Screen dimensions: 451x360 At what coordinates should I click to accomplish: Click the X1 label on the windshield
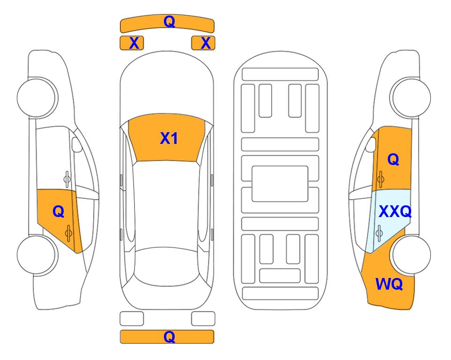(169, 138)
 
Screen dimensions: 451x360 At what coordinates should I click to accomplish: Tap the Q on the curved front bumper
(169, 22)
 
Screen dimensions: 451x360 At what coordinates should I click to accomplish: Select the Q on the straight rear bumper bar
(169, 337)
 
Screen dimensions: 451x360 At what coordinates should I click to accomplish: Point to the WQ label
(389, 284)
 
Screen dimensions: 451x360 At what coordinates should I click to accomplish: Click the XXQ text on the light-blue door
(395, 211)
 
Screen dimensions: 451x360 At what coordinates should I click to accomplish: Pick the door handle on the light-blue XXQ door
(379, 233)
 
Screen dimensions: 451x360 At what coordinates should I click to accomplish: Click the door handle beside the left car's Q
(68, 233)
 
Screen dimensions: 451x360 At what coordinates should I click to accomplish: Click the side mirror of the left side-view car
(76, 144)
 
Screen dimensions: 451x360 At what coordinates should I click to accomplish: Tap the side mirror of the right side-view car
(371, 144)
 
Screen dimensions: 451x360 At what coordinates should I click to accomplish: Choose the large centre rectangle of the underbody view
(280, 184)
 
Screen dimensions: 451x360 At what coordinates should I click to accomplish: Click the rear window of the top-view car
(166, 266)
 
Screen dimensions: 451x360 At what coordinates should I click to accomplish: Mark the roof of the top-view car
(166, 205)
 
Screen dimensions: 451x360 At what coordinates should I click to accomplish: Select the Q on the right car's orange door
(393, 159)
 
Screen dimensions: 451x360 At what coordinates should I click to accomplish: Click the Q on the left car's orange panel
(59, 212)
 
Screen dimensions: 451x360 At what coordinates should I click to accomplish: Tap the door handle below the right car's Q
(381, 179)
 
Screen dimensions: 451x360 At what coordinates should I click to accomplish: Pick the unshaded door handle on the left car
(67, 179)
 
